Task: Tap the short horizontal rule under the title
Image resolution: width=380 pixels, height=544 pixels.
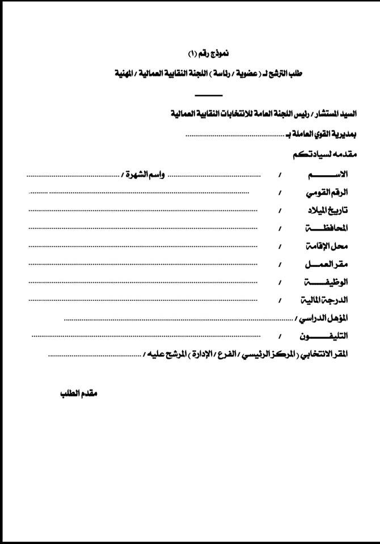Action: click(x=208, y=95)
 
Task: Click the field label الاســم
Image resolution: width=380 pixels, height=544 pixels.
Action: click(x=335, y=174)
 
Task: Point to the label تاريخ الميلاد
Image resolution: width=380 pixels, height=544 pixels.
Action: click(x=326, y=210)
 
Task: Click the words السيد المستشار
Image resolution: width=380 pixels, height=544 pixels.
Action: click(x=327, y=114)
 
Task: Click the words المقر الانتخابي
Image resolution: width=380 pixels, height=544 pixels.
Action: click(x=324, y=354)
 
